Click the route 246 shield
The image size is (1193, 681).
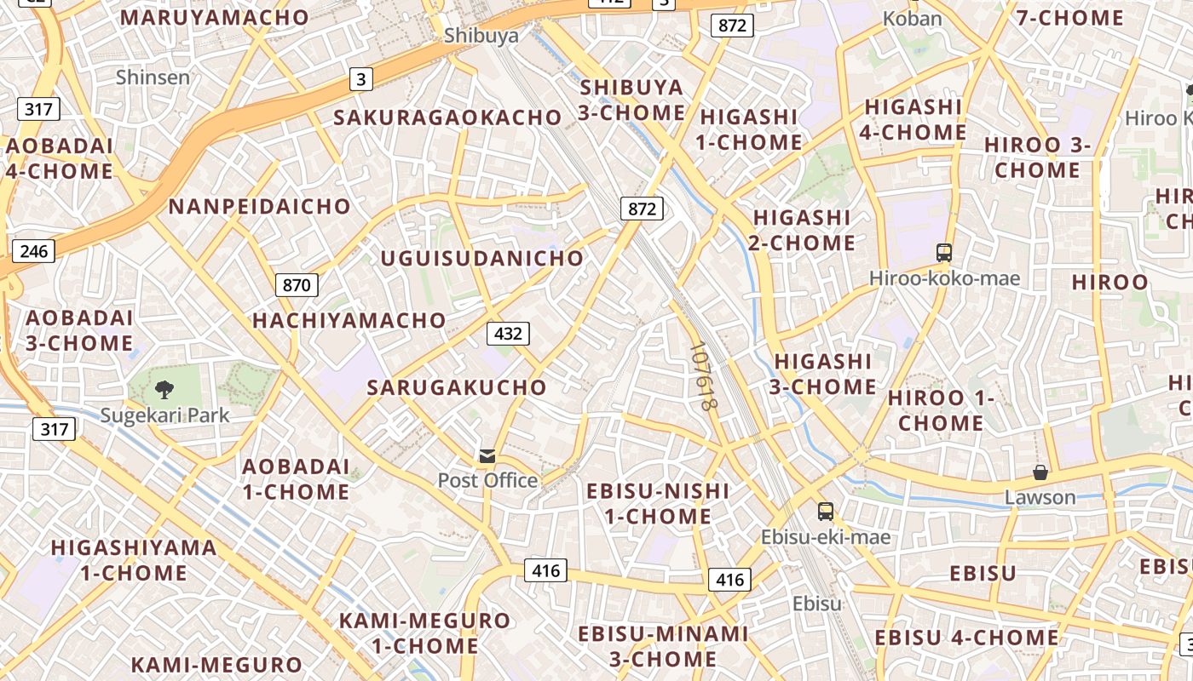point(34,251)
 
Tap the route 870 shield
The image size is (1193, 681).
point(297,285)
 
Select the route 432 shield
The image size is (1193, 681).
point(508,334)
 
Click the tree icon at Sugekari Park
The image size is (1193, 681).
point(164,391)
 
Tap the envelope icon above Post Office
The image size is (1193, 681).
point(487,457)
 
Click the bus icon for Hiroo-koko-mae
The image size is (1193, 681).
point(944,253)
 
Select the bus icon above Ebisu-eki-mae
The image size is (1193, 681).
point(825,512)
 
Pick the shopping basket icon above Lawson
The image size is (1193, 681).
point(1040,472)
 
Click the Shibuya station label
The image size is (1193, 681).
point(481,36)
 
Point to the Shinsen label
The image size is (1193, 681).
point(153,77)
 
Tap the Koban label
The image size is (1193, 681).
point(913,19)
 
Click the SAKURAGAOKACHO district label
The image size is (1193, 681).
point(448,117)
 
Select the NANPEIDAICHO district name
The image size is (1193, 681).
point(260,206)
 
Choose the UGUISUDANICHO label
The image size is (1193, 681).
point(482,258)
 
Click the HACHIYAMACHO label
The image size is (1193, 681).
point(349,320)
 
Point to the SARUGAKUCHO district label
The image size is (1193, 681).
point(457,387)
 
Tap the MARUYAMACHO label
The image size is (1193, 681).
point(215,17)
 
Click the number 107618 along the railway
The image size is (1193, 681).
point(703,377)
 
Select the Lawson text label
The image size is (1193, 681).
point(1040,496)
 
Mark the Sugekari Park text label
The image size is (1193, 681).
point(165,415)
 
